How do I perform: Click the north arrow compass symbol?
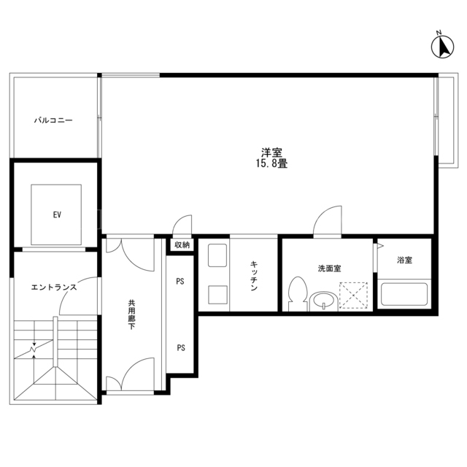[442, 46]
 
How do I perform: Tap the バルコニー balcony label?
[53, 120]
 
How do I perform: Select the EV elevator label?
[57, 215]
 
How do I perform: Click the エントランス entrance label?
[54, 287]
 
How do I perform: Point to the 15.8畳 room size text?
[271, 163]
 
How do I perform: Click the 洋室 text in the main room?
[271, 153]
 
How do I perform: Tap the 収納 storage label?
[182, 245]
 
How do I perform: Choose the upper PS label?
[180, 281]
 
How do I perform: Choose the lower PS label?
[181, 347]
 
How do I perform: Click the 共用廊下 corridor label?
[131, 314]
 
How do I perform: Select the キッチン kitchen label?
[254, 276]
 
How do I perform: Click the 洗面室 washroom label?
[329, 269]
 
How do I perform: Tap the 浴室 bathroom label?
[404, 260]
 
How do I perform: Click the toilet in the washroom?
[298, 294]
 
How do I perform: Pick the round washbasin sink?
[323, 301]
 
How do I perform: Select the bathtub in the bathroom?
[404, 294]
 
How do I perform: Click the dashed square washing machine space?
[353, 295]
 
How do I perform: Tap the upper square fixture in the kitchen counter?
[217, 255]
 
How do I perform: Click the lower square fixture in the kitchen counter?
[217, 295]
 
